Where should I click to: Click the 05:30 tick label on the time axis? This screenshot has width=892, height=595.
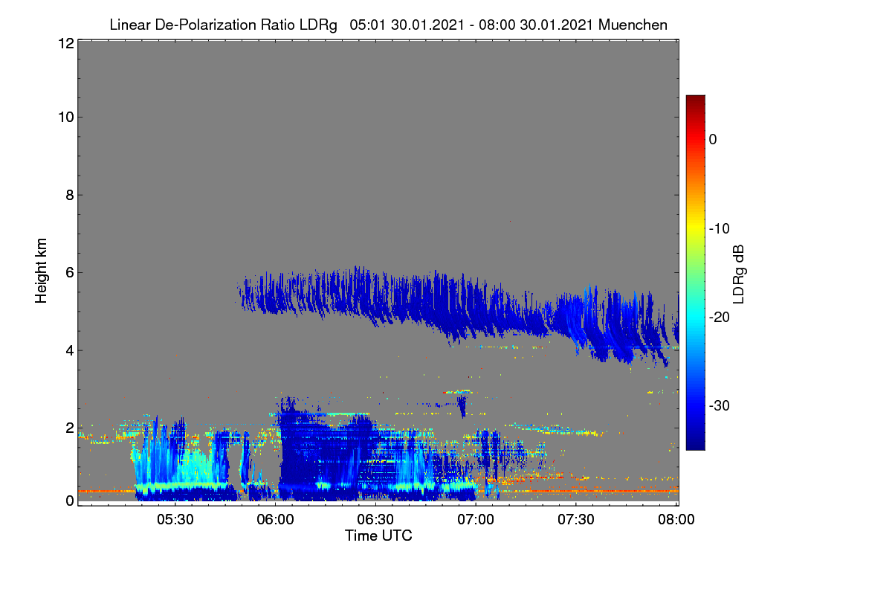coord(175,520)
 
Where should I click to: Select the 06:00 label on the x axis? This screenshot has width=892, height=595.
coord(276,520)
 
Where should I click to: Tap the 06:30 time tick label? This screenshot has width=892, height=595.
coord(375,520)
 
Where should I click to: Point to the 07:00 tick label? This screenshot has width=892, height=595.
coord(476,520)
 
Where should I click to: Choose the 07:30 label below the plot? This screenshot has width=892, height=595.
coord(576,520)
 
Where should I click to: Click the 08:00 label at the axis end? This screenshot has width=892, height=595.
coord(676,520)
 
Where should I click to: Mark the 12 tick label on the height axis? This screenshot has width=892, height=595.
coord(66,43)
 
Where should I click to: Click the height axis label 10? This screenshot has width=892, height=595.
coord(66,118)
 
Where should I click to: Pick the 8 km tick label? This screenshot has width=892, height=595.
coord(70,196)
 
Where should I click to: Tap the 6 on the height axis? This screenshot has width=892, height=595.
coord(70,273)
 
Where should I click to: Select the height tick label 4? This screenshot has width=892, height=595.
coord(70,351)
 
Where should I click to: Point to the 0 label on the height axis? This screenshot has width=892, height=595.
coord(70,501)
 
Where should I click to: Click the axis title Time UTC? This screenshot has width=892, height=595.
coord(378,535)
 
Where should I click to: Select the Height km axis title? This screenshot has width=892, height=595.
coord(41,271)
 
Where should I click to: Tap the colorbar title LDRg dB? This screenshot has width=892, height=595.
coord(738,274)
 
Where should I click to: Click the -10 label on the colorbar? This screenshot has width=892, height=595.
coord(720,229)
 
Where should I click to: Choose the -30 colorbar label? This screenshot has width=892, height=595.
coord(720,405)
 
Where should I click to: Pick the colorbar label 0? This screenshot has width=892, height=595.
coord(713,140)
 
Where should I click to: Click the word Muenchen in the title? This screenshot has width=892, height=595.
coord(633,25)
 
